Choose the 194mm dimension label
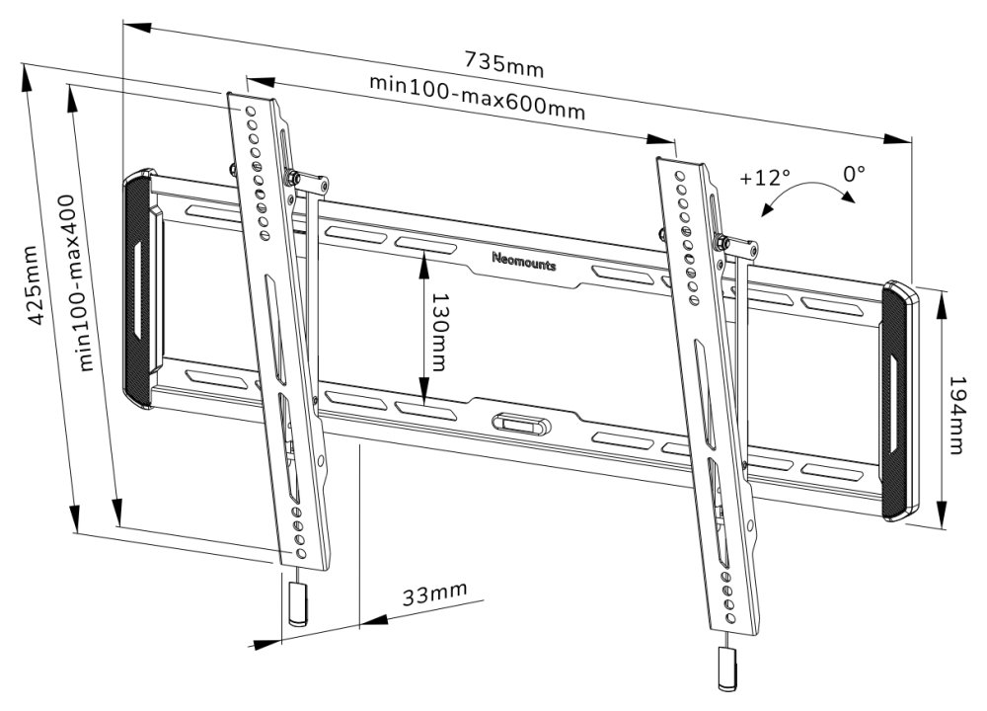tap(956, 415)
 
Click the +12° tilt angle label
tap(764, 178)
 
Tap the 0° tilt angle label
tap(855, 173)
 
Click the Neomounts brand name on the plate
tap(523, 263)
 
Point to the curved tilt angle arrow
tap(809, 193)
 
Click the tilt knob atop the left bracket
tap(293, 177)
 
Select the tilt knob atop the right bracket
tap(721, 241)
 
